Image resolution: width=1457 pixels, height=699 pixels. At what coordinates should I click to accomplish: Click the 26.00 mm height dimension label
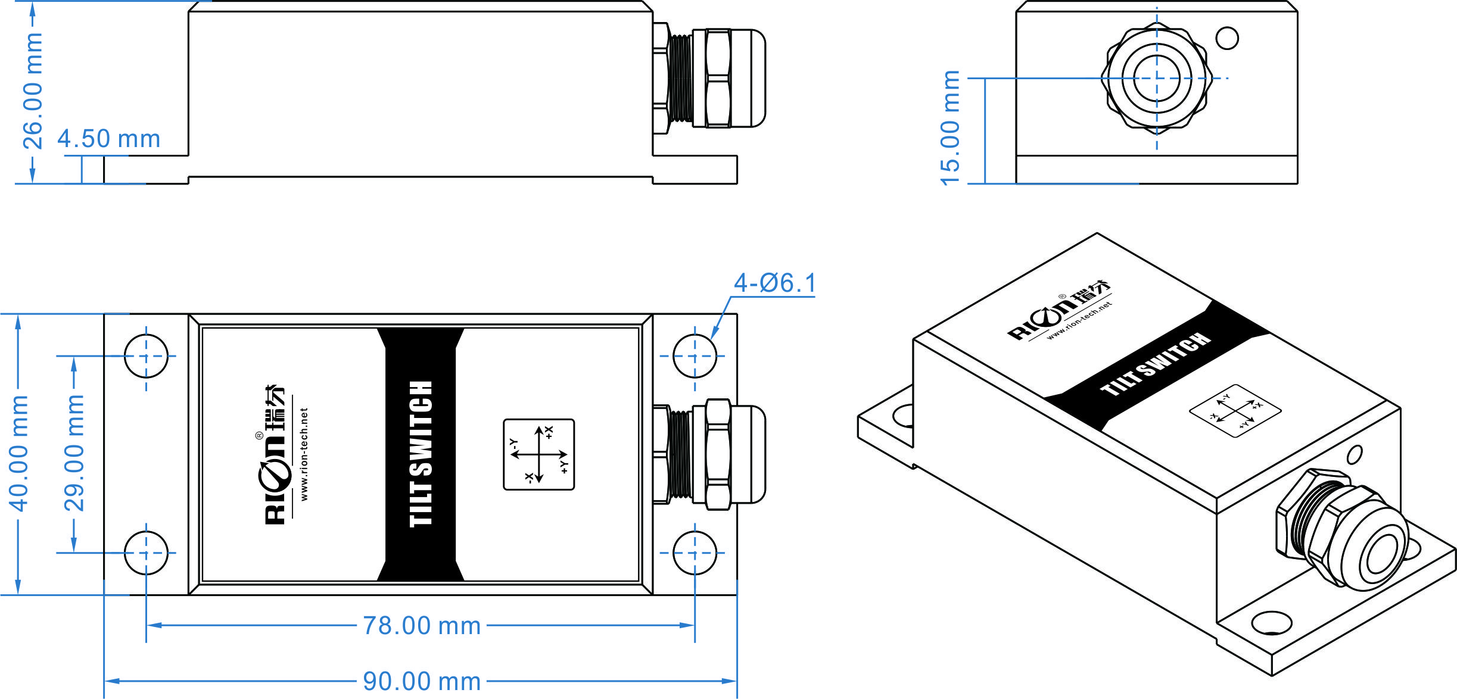(x=32, y=91)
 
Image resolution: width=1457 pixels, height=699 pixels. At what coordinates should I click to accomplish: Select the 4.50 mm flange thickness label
(x=109, y=139)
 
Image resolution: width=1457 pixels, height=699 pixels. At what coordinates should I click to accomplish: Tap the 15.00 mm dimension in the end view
(x=950, y=127)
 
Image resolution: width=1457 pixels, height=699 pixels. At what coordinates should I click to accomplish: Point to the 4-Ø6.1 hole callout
(x=774, y=283)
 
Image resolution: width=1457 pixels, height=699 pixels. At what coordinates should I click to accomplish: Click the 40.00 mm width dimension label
(x=18, y=453)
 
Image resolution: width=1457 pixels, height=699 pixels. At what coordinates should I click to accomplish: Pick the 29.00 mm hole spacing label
(x=74, y=453)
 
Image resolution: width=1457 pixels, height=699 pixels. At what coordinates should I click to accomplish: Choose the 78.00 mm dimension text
(x=422, y=626)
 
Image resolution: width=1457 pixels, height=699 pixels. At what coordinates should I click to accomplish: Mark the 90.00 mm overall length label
(x=422, y=681)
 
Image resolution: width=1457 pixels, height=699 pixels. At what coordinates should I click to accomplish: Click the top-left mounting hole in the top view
(x=147, y=356)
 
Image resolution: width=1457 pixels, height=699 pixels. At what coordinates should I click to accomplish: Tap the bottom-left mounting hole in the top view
(x=147, y=553)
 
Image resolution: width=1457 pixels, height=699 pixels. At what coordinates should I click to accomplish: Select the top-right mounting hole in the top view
(x=695, y=356)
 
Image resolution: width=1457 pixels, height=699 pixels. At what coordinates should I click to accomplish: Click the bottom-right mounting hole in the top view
(x=695, y=553)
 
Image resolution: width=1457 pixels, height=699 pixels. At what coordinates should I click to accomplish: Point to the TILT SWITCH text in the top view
(x=421, y=454)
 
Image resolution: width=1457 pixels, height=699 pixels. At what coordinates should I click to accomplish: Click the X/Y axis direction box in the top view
(x=539, y=454)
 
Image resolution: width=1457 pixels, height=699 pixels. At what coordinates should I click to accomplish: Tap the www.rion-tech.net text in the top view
(x=304, y=454)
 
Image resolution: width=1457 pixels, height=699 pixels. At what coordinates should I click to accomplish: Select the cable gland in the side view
(x=709, y=78)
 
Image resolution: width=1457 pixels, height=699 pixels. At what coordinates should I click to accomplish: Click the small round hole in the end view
(x=1227, y=38)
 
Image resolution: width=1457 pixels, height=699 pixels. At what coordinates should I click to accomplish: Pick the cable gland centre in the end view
(x=1157, y=78)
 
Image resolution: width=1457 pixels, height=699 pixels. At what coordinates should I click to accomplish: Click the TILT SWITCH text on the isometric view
(x=1156, y=364)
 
